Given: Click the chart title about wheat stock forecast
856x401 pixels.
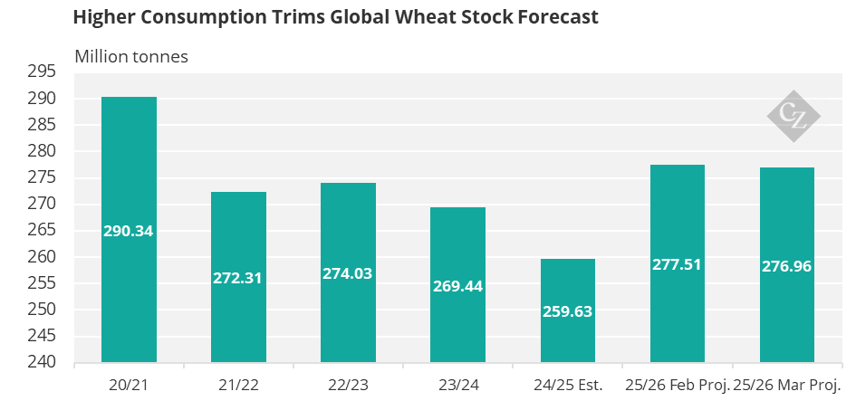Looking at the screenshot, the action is pos(336,17).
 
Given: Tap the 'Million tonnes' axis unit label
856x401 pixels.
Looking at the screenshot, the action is pos(131,57).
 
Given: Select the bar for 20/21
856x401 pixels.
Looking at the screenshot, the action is pos(129,230).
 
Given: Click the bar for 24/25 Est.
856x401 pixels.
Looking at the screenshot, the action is pos(568,310).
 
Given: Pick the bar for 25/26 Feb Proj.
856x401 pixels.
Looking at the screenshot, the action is pos(678,263).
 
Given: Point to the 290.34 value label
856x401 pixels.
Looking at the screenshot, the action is pos(129,231).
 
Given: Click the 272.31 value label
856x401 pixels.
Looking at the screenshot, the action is pos(237,278).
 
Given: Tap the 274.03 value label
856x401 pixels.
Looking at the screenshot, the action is pos(348,273).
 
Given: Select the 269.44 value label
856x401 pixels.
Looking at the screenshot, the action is pos(458,286).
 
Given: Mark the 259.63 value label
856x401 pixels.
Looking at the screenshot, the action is pos(568,311).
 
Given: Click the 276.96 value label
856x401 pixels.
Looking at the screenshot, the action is pos(786,266).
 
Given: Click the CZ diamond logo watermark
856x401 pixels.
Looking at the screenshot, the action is pos(793,116).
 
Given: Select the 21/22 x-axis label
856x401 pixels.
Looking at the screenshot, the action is pos(238,386).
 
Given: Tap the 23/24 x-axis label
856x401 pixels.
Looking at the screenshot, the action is pos(458,386).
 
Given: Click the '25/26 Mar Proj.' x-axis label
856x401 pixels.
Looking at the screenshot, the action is pos(786,386).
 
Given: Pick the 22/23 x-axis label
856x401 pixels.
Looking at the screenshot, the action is pos(349,386).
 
